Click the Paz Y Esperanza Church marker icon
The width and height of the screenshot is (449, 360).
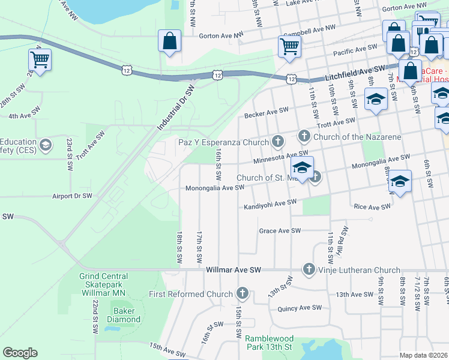277,142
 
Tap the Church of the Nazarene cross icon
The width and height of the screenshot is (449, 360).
304,137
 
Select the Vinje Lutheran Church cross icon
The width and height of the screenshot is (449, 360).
309,270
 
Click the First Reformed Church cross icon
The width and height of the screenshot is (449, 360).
242,294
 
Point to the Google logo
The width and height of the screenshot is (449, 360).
20,352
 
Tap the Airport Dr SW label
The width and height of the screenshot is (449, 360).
72,196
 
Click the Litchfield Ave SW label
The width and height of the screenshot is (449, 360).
355,72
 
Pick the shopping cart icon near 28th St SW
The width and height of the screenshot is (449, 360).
40,59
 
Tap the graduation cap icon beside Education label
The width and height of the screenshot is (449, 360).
45,145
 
